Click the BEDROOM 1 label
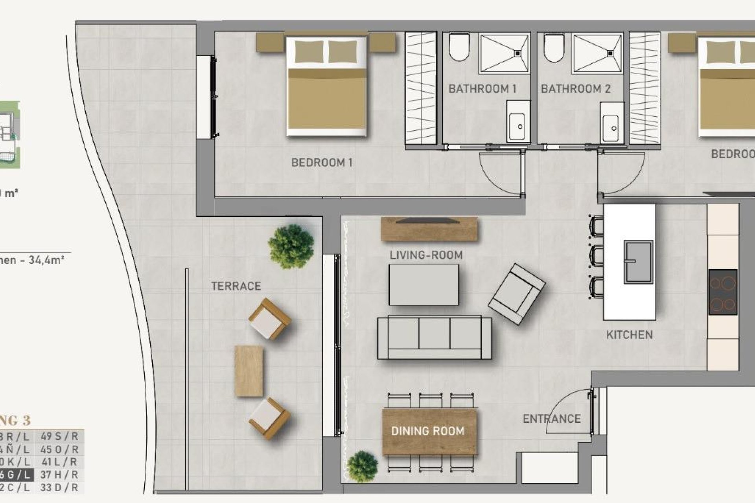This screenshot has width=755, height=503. [322, 162]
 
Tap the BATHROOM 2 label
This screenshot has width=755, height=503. [576, 89]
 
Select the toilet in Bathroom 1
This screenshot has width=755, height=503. [459, 47]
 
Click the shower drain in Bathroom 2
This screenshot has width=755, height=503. [611, 52]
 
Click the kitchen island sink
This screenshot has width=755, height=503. [638, 262]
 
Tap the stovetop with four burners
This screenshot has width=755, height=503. [723, 292]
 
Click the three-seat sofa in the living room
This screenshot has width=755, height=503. [434, 337]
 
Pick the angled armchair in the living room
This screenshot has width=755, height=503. [516, 294]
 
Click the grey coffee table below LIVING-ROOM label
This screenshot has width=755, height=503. [424, 285]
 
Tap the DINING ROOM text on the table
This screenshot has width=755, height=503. [428, 431]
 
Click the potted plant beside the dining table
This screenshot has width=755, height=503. [362, 466]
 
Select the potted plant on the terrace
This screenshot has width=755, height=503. [291, 246]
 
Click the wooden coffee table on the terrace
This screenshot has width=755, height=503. [249, 371]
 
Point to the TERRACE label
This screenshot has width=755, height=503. [236, 286]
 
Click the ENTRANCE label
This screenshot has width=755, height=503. [551, 419]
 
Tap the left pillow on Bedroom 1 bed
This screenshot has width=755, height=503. [309, 52]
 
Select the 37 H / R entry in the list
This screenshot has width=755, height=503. [59, 475]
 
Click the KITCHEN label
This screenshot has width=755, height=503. [629, 335]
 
